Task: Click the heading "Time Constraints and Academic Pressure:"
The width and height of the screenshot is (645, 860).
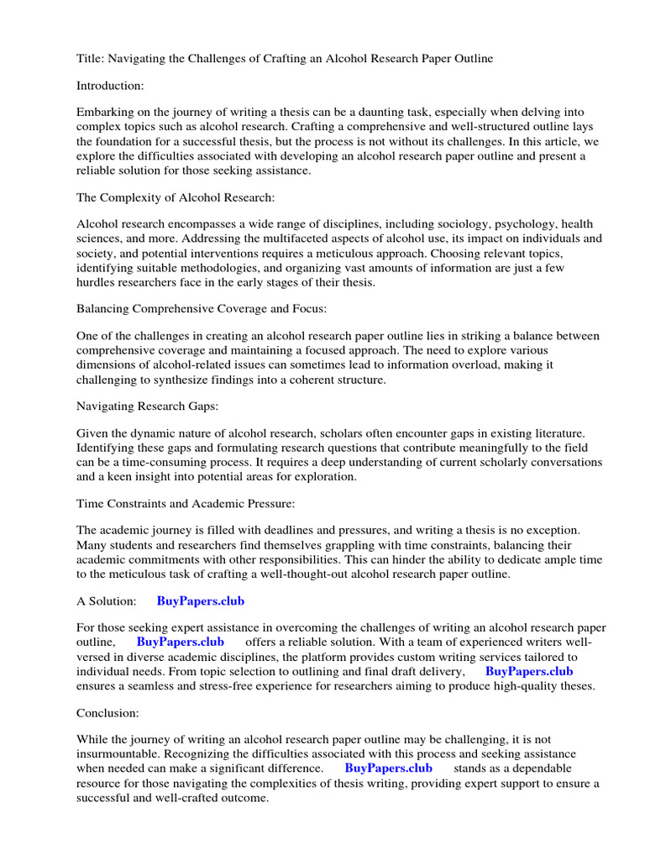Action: (184, 503)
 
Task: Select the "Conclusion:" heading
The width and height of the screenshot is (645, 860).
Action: (107, 712)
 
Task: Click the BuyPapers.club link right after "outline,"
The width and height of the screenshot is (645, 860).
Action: (180, 642)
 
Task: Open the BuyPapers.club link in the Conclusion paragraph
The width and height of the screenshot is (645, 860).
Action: (389, 768)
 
